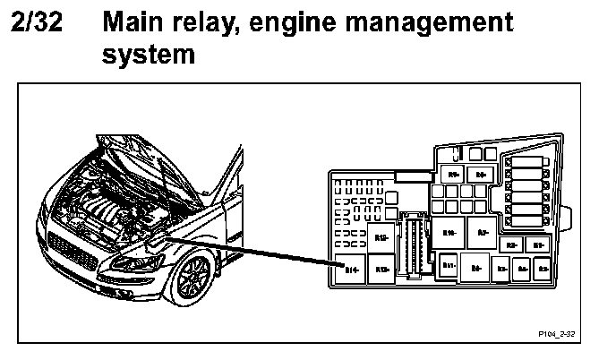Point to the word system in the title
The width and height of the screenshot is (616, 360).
[148, 55]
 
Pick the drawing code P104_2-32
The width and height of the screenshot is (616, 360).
[556, 331]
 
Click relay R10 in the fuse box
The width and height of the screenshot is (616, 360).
[450, 232]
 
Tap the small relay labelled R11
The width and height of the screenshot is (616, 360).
[449, 265]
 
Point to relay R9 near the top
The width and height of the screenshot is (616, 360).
[453, 174]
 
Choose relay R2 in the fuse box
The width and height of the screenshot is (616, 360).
[511, 244]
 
